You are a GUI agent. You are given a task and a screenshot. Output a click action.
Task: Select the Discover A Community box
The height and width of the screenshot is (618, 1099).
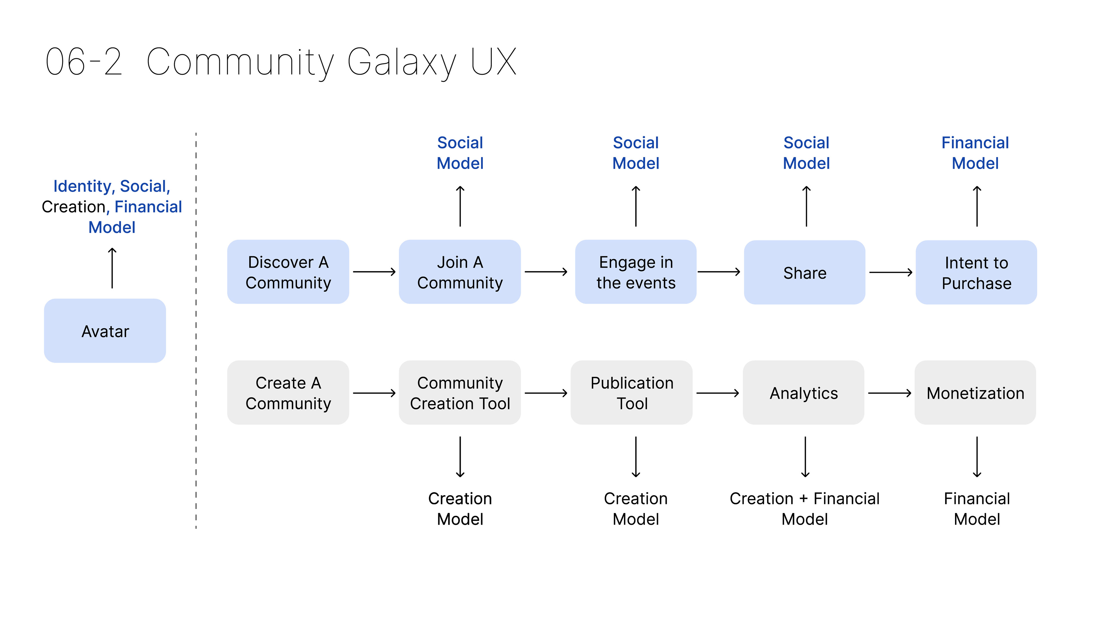288,272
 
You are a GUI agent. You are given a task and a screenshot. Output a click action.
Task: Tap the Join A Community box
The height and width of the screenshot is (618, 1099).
460,272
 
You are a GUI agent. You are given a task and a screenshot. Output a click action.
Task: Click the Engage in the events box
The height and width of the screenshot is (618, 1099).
636,272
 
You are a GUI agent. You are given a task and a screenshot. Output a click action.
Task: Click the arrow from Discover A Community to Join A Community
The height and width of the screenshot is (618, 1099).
374,272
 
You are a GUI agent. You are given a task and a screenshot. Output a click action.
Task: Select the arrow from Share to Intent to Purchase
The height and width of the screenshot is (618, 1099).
891,272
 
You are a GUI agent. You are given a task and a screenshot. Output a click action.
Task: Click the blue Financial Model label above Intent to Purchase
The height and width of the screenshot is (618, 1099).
975,153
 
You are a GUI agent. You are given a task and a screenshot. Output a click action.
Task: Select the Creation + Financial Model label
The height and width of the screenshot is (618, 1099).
805,509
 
